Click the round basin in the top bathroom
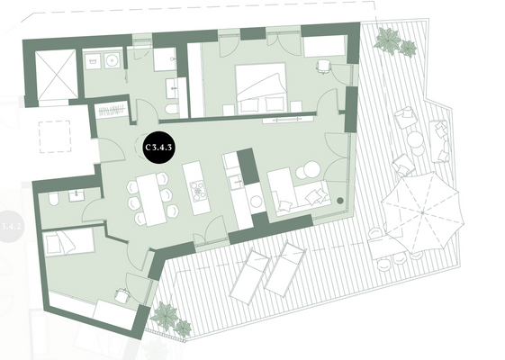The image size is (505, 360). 113,60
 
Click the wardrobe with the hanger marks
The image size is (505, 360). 110,112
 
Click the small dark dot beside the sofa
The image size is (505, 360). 340,200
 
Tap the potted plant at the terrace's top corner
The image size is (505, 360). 391,40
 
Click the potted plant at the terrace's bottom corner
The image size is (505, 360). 168,316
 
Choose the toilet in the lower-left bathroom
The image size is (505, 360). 55,199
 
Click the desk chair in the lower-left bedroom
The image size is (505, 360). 120,293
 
